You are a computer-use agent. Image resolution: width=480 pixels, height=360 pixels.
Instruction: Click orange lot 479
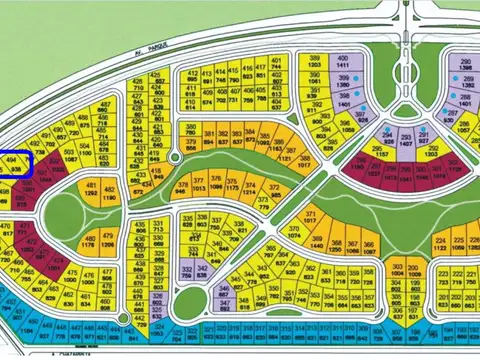point(107,240)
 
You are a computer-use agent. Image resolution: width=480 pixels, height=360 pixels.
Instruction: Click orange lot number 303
point(397,270)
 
